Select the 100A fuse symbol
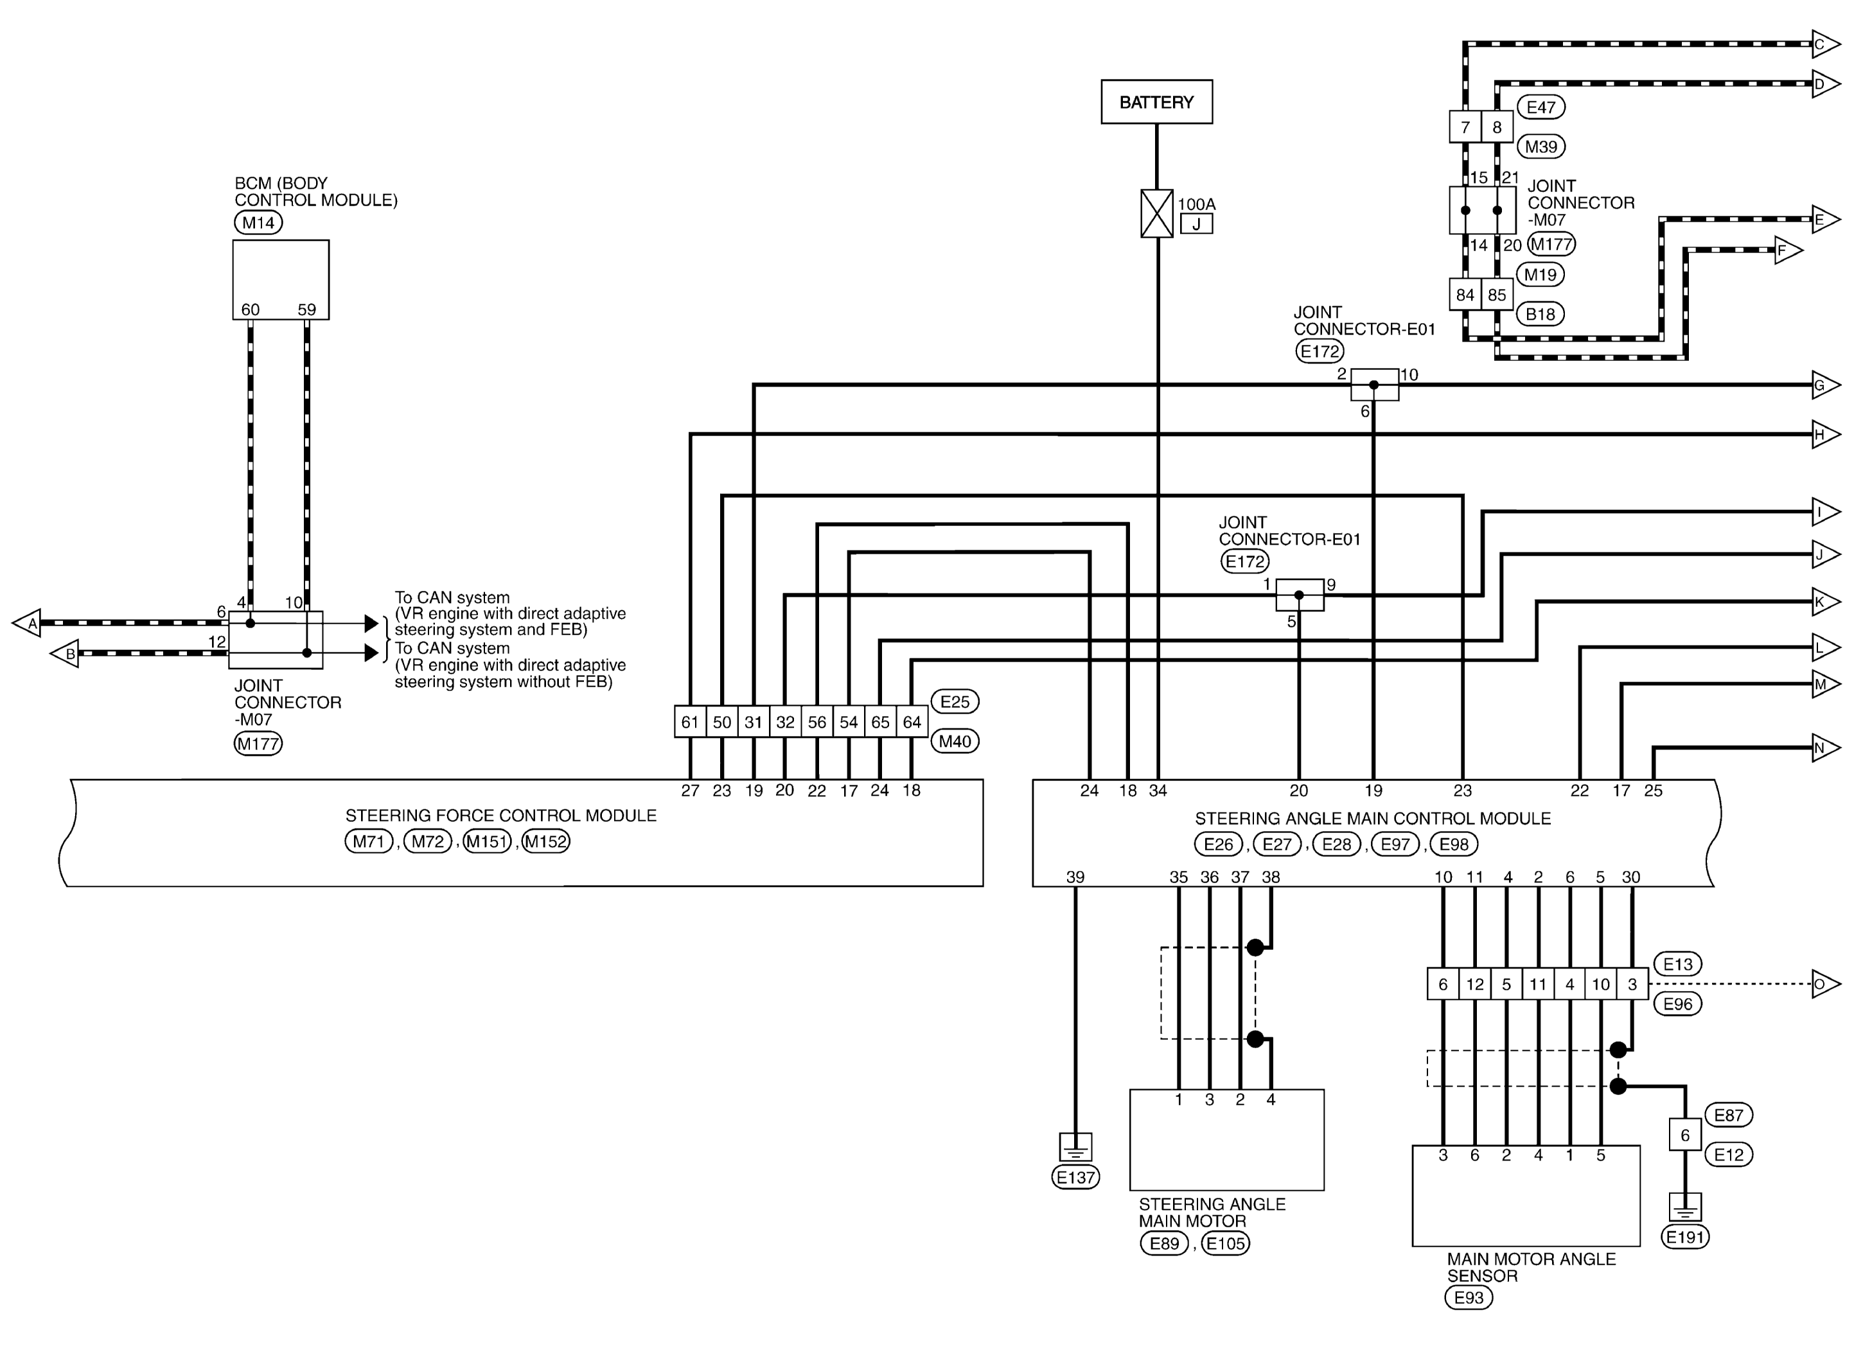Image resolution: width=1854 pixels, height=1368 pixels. [x=1157, y=214]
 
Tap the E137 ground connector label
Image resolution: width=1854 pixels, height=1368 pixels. [x=1075, y=1177]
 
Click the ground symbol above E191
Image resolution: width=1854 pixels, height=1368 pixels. [x=1685, y=1208]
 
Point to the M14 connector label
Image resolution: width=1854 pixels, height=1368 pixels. [x=258, y=222]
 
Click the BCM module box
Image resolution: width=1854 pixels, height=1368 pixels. [x=281, y=280]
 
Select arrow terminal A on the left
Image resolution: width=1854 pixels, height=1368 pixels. [x=26, y=623]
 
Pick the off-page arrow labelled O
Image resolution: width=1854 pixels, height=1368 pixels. [x=1826, y=984]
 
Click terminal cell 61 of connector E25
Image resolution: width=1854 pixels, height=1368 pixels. [x=690, y=722]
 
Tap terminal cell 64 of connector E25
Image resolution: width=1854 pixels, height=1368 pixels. [x=912, y=722]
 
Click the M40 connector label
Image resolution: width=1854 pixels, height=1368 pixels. [x=955, y=741]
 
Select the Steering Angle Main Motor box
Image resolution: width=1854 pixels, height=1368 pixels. [x=1226, y=1139]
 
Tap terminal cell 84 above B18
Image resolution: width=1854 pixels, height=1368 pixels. [x=1465, y=295]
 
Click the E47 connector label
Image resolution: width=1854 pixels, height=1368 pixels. [x=1541, y=107]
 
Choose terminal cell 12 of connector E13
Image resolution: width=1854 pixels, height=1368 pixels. [x=1475, y=985]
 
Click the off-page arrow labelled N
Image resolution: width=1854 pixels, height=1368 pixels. [x=1826, y=748]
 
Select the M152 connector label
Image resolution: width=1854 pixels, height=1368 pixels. [x=547, y=841]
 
